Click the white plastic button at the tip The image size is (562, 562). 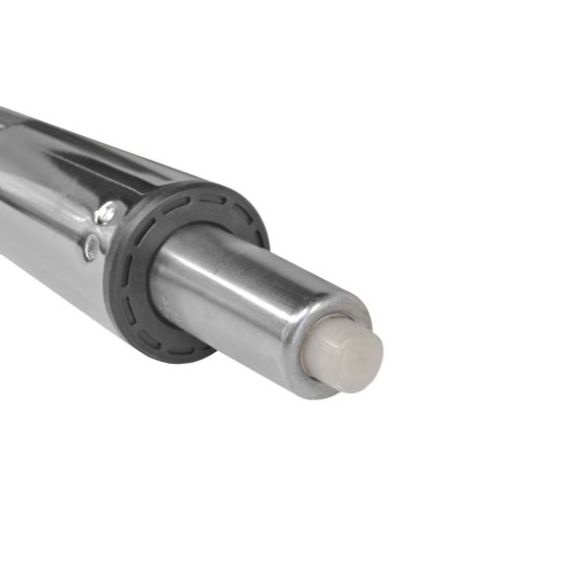click(348, 356)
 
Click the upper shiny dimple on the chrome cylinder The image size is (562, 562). click(109, 211)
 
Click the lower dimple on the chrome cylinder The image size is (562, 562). click(91, 247)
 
